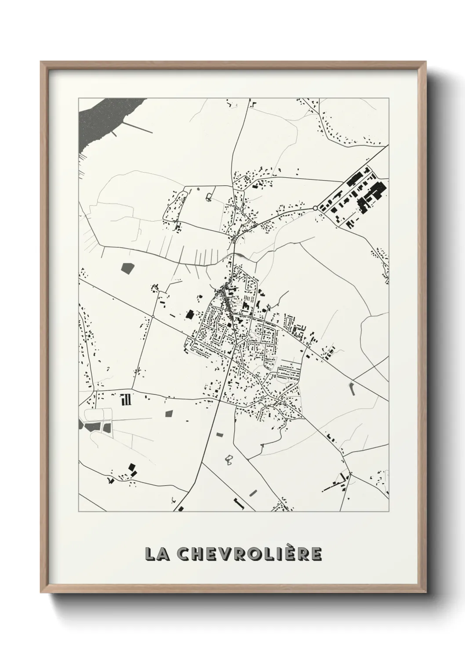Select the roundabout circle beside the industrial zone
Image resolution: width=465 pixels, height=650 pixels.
pyautogui.click(x=315, y=208)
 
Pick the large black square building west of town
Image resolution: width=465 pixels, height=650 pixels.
pyautogui.click(x=190, y=314)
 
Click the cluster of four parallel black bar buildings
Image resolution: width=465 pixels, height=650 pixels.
pyautogui.click(x=126, y=400)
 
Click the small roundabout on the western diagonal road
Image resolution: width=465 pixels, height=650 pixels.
pyautogui.click(x=153, y=316)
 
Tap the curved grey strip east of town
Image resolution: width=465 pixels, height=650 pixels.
pyautogui.click(x=352, y=388)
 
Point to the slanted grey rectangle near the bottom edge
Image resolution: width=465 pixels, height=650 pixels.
pyautogui.click(x=253, y=492)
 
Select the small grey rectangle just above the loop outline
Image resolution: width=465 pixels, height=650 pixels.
pyautogui.click(x=219, y=434)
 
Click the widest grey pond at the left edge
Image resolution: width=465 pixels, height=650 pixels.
pyautogui.click(x=93, y=426)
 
